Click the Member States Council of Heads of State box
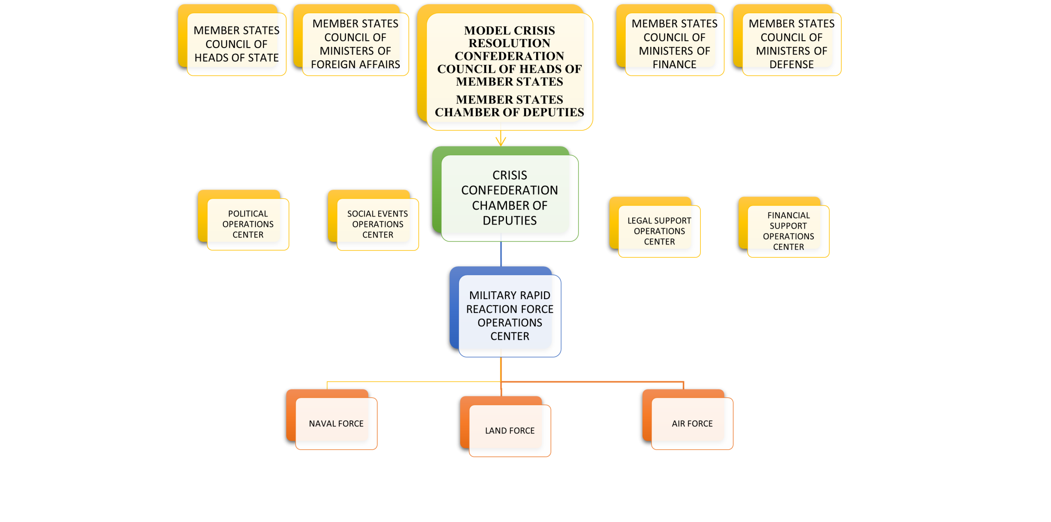236,44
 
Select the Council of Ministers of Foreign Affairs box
355,44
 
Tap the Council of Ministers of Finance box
674,44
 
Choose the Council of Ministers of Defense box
791,44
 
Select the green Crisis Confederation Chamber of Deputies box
509,197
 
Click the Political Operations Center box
248,224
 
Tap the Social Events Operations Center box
377,224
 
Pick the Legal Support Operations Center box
659,231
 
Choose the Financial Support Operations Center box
788,231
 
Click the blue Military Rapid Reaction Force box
509,315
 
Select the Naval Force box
336,424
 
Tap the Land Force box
509,430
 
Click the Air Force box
692,424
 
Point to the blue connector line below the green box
501,254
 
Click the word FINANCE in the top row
674,64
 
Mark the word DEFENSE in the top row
791,64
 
